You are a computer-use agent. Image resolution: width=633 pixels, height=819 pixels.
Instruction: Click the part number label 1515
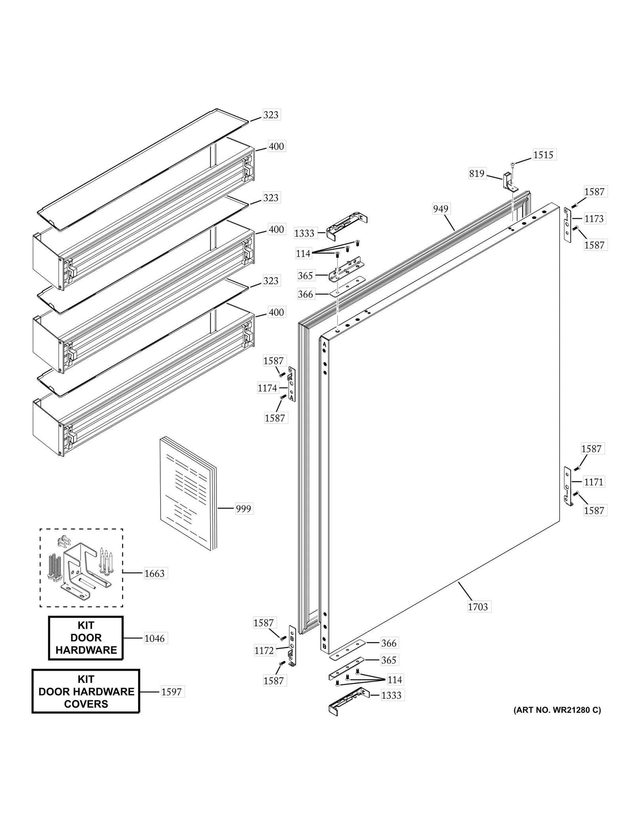[x=543, y=155]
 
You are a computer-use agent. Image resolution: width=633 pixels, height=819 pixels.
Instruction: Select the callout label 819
[x=477, y=173]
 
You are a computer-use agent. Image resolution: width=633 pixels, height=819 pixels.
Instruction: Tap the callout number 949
[x=440, y=208]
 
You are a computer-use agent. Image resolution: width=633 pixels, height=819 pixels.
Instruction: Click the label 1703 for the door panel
[x=478, y=606]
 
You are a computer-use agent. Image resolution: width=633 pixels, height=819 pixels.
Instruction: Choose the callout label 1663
[x=154, y=573]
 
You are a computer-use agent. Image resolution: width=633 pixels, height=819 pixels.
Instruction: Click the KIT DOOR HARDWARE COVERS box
[x=86, y=691]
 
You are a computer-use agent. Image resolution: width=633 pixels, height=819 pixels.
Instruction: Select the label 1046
[x=154, y=638]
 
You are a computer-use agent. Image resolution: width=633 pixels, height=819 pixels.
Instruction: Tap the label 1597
[x=171, y=692]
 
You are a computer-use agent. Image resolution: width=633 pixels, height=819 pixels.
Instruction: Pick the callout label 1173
[x=594, y=218]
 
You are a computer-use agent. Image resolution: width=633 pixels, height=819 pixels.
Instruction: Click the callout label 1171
[x=593, y=482]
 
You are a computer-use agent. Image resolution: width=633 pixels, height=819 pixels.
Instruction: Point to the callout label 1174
[x=267, y=388]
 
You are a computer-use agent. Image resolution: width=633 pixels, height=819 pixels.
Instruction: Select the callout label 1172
[x=264, y=650]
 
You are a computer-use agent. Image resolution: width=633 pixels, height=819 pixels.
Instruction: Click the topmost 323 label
[x=271, y=115]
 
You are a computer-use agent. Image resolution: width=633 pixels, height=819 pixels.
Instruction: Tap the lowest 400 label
[x=276, y=312]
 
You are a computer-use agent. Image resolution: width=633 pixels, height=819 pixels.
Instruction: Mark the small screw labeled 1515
[x=513, y=164]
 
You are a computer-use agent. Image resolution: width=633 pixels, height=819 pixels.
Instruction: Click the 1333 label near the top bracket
[x=304, y=233]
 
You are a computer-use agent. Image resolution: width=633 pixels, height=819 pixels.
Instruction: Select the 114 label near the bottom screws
[x=394, y=679]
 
